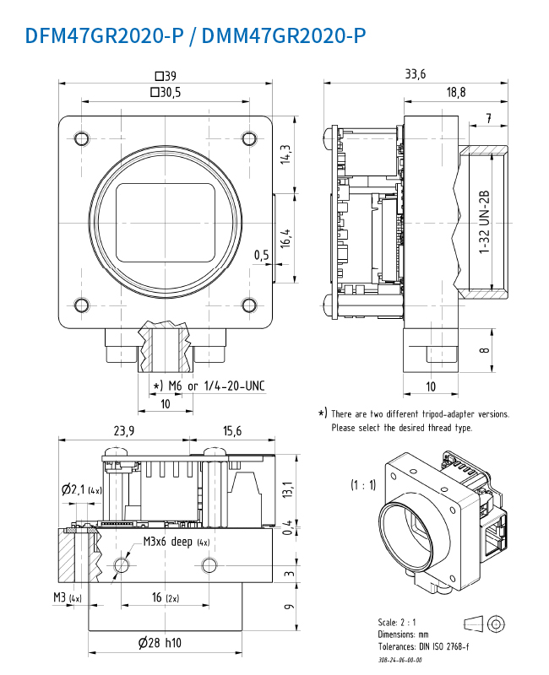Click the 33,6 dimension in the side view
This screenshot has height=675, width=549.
[415, 74]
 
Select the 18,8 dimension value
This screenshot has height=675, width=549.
[456, 93]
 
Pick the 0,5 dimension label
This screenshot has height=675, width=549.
[262, 255]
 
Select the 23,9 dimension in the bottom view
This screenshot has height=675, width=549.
[123, 430]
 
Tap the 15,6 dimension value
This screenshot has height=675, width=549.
[231, 430]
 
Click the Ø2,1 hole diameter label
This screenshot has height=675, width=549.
[80, 489]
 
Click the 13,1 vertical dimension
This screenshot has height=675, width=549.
[287, 489]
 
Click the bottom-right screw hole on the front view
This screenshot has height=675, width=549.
[248, 305]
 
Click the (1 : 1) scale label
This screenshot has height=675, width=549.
[364, 485]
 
